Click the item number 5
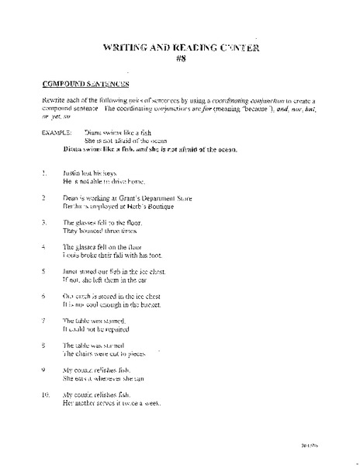[43, 272]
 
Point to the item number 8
[43, 344]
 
